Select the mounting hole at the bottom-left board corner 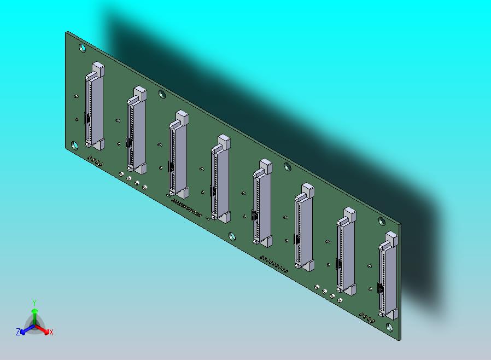tap(74, 146)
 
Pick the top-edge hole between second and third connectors tap(162, 94)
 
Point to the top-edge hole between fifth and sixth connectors tap(287, 166)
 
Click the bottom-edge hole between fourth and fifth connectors tap(232, 236)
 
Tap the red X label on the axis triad tap(51, 332)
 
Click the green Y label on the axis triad tap(34, 303)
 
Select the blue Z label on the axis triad tap(18, 332)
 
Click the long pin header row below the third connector tap(186, 207)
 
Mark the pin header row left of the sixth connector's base tap(274, 264)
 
